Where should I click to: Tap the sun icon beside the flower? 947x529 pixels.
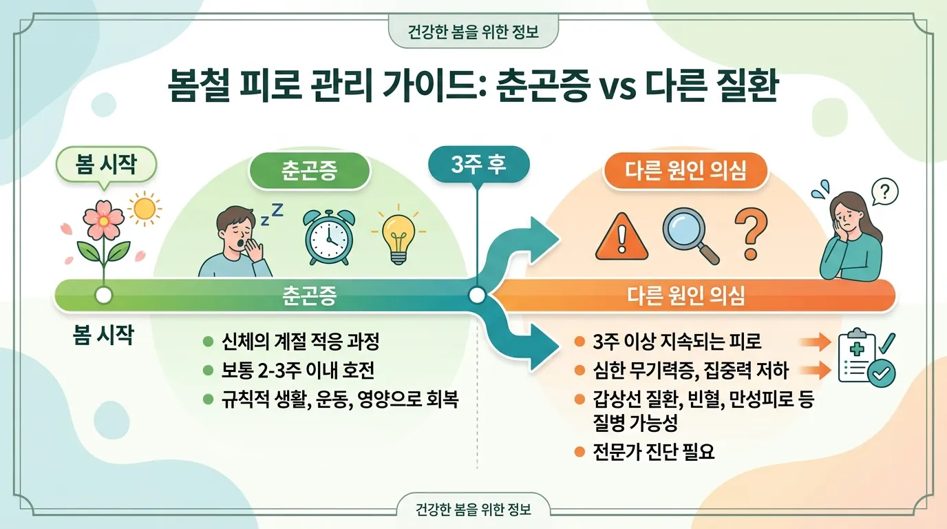click(145, 208)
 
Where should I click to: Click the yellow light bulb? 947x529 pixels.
click(398, 236)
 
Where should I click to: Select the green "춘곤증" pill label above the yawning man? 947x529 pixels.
click(309, 171)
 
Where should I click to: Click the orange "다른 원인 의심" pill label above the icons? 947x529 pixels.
click(685, 170)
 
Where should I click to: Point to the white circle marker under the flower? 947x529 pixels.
click(104, 296)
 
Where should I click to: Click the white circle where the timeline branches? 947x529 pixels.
click(476, 296)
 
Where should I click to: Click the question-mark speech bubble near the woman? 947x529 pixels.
click(885, 191)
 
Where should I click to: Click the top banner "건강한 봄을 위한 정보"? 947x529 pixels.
click(473, 32)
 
